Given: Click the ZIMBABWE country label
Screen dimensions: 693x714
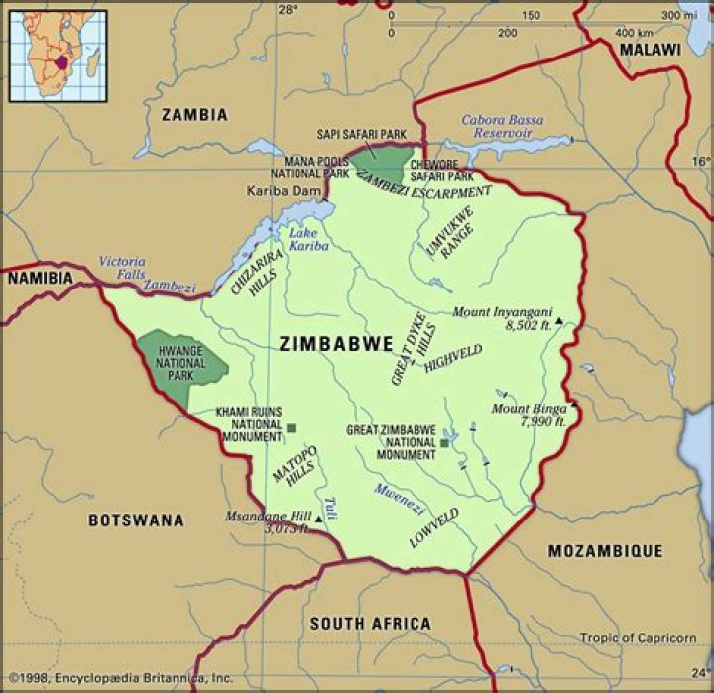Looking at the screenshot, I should [x=336, y=345].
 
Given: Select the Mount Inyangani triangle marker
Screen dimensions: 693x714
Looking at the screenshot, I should [x=558, y=321].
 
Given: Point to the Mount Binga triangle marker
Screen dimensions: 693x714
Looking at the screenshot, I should [x=572, y=406].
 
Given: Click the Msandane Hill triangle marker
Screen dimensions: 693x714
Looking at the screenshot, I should [x=317, y=518].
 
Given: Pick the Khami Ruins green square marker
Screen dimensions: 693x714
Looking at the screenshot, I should [x=292, y=428].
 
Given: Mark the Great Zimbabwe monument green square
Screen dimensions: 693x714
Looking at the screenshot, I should [x=444, y=443].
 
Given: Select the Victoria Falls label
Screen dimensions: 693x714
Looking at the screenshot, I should [x=121, y=268].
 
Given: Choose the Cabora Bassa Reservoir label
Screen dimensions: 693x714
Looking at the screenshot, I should [x=502, y=127].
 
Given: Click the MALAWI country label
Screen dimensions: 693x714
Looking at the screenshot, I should [x=650, y=49].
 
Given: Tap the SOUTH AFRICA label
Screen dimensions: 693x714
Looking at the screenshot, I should [x=370, y=624].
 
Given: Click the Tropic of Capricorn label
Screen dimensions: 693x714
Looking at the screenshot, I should [x=639, y=637].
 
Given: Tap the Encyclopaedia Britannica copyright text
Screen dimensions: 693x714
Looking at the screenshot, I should [x=119, y=679].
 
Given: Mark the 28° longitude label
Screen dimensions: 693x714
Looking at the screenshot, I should [x=287, y=10].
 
